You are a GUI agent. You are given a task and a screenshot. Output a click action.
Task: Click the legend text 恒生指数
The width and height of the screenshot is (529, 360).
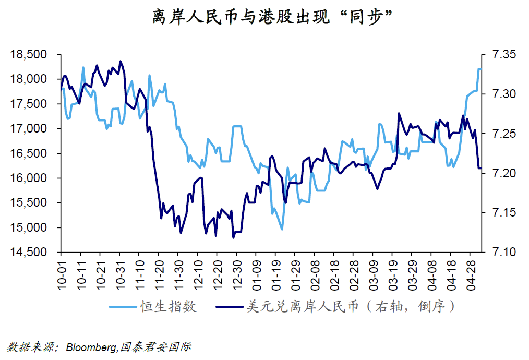click(168, 306)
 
